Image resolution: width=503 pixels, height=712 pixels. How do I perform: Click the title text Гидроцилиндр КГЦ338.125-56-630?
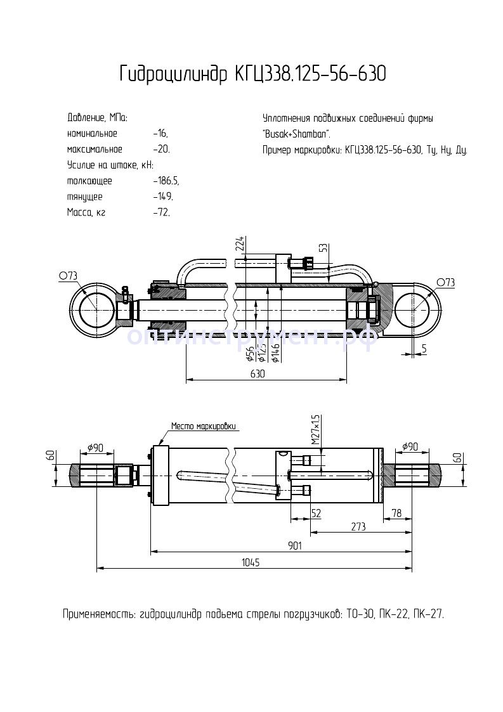(x=252, y=74)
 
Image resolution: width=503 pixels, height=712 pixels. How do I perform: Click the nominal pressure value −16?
(x=160, y=134)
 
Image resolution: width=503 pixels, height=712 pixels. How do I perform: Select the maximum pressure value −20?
(x=161, y=150)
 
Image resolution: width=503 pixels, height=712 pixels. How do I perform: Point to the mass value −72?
(x=161, y=212)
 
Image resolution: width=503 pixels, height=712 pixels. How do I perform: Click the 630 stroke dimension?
(x=257, y=374)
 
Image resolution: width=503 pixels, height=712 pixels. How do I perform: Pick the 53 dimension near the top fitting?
(x=323, y=247)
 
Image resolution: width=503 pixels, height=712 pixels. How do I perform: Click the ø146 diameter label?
(x=275, y=351)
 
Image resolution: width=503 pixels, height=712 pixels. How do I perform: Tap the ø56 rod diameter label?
(x=250, y=351)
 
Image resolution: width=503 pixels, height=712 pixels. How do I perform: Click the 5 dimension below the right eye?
(x=423, y=348)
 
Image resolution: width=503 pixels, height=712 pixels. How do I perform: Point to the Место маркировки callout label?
(x=204, y=427)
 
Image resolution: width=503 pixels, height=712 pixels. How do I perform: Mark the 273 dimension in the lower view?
(x=359, y=526)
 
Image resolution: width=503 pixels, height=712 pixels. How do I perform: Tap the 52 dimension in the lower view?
(x=315, y=512)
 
